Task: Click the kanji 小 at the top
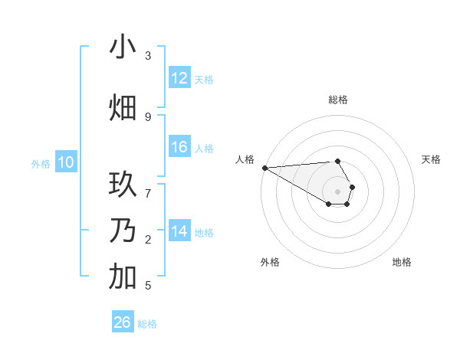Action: click(123, 47)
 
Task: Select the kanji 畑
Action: click(123, 108)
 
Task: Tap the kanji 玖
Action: click(123, 185)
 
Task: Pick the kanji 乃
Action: click(123, 231)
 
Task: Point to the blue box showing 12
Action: click(179, 78)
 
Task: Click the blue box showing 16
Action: click(179, 147)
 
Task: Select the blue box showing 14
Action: click(179, 231)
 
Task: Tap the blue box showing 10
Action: click(66, 162)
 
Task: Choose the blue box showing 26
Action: click(123, 322)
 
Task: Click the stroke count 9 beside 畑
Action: click(148, 116)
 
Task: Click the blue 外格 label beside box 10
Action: click(41, 163)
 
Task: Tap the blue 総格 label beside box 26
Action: click(147, 324)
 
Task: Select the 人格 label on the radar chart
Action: click(245, 159)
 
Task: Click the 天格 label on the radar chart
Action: click(432, 159)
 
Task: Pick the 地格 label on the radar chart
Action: click(402, 262)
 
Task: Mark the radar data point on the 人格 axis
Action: click(264, 168)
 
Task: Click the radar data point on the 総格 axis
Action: click(337, 161)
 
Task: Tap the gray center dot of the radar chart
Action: click(337, 191)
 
